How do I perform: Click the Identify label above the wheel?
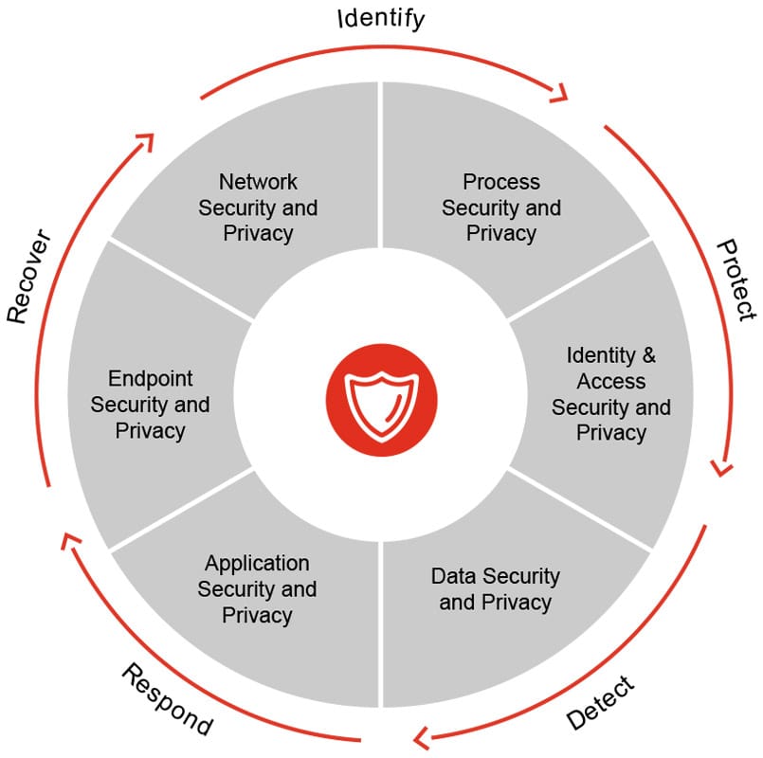tap(381, 20)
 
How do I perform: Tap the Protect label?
tap(736, 280)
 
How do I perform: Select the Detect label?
tap(601, 702)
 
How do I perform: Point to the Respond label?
tap(167, 699)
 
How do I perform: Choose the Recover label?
tap(29, 276)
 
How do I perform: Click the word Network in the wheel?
tap(258, 182)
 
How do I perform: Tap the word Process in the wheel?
tap(501, 182)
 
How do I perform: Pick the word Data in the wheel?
tap(450, 576)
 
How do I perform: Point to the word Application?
tap(257, 564)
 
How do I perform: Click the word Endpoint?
tap(151, 378)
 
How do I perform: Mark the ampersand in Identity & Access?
tap(648, 355)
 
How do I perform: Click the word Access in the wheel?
tap(611, 382)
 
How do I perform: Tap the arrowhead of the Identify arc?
tap(559, 94)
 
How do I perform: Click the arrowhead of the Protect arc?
tap(722, 467)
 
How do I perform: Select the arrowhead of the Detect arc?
tap(422, 738)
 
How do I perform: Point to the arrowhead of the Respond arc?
tap(70, 541)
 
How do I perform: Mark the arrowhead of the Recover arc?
tap(145, 142)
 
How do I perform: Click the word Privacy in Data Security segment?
tap(517, 604)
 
